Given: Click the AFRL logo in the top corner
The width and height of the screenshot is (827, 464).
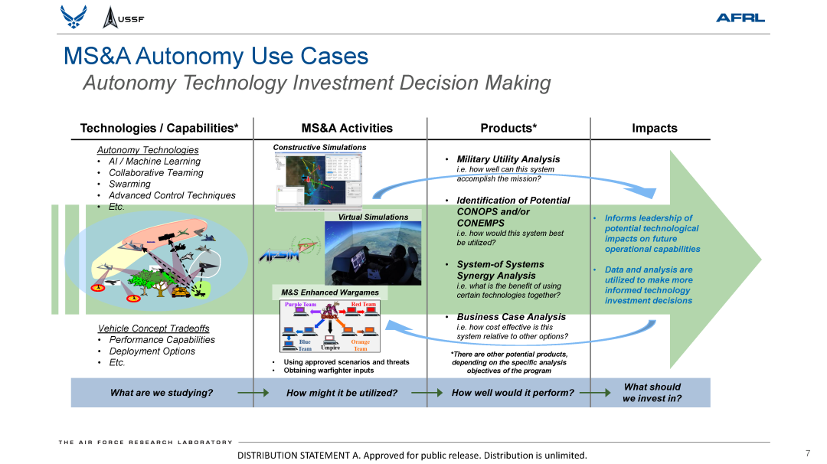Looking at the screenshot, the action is click(x=740, y=18).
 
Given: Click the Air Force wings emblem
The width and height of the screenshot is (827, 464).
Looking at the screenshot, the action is click(x=74, y=17).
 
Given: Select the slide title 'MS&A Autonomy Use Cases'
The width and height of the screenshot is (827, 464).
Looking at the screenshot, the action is click(x=216, y=56).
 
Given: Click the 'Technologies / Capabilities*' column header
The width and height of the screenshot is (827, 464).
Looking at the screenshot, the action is click(x=159, y=128).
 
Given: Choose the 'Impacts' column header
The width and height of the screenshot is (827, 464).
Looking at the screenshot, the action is click(x=654, y=128).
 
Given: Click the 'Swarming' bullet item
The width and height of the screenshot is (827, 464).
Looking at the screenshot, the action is click(x=129, y=184).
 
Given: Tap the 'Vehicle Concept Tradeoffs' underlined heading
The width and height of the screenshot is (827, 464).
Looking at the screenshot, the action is click(x=153, y=328).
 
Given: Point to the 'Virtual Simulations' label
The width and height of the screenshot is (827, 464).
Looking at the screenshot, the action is click(x=373, y=217).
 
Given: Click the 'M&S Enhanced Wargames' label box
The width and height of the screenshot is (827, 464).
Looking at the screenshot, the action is click(x=330, y=292).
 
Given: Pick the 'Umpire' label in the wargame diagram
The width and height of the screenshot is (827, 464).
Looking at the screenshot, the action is click(x=330, y=348).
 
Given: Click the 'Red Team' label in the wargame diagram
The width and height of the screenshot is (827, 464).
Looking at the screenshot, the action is click(x=364, y=305).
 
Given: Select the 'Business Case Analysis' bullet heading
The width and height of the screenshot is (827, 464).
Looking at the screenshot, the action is click(x=511, y=316).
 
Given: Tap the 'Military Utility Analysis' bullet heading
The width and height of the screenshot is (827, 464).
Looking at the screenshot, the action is click(x=508, y=159).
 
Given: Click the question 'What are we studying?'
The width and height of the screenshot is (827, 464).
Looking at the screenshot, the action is click(x=162, y=393).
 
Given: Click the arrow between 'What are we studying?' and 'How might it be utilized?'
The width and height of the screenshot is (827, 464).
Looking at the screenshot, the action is click(x=253, y=393).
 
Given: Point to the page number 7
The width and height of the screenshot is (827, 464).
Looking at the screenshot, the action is click(x=807, y=453).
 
